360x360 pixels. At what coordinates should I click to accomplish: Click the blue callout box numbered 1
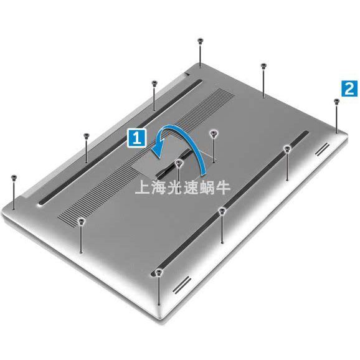[x=136, y=138]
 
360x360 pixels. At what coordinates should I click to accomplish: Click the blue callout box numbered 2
[x=349, y=88]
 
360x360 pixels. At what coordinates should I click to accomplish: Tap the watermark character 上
[x=142, y=187]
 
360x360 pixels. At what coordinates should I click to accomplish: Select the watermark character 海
[x=158, y=187]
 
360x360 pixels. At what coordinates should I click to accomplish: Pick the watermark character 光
[x=174, y=187]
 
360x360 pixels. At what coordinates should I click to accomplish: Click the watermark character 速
[x=191, y=187]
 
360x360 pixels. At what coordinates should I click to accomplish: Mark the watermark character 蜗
[x=207, y=187]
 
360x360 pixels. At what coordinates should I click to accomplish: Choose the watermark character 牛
[x=223, y=187]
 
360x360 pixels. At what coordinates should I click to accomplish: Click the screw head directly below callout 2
[x=336, y=101]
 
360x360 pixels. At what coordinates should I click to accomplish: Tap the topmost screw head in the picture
[x=200, y=40]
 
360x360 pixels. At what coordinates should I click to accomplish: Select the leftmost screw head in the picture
[x=14, y=178]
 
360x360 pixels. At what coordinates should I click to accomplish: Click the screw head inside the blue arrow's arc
[x=179, y=163]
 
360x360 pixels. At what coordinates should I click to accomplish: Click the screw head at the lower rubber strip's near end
[x=158, y=272]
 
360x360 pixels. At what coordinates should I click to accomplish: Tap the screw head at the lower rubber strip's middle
[x=222, y=211]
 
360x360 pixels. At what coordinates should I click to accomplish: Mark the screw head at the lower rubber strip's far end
[x=287, y=149]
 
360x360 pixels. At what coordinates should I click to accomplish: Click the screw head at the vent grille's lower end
[x=81, y=221]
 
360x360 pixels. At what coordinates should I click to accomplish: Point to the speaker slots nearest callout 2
[x=322, y=149]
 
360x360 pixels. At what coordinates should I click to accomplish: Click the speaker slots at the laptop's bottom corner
[x=182, y=285]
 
